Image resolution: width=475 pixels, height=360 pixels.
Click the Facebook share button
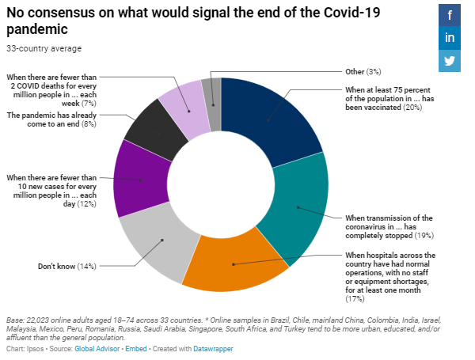(x=450, y=15)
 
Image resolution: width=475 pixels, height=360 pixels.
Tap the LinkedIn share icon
(x=450, y=38)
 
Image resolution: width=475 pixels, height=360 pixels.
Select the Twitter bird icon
(x=450, y=61)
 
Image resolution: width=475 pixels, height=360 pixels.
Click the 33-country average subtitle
(x=44, y=48)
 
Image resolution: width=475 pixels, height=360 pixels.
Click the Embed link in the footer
(x=144, y=348)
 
